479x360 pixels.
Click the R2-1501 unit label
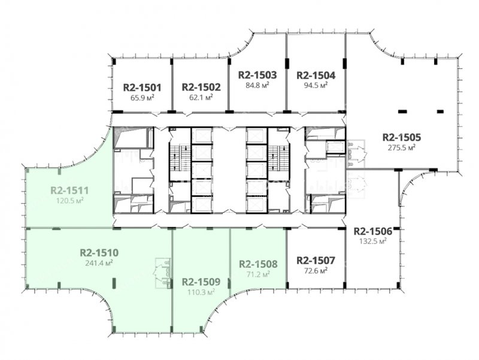142,87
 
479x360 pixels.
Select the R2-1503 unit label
257,75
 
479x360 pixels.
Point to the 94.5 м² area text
316,85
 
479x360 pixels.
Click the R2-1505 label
401,137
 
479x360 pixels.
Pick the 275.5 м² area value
401,147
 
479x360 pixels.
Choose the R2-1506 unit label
372,231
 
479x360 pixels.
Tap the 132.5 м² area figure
372,241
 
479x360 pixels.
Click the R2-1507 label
316,261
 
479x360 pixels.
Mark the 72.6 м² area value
316,271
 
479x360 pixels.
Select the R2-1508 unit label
258,264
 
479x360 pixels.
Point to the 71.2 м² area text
258,274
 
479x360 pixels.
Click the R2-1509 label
201,282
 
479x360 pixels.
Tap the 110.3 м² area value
201,292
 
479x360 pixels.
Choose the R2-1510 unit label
99,253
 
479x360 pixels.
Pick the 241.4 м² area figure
99,263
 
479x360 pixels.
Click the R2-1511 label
69,190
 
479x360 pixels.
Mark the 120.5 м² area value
69,201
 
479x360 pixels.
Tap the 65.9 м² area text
142,98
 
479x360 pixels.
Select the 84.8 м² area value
257,85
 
